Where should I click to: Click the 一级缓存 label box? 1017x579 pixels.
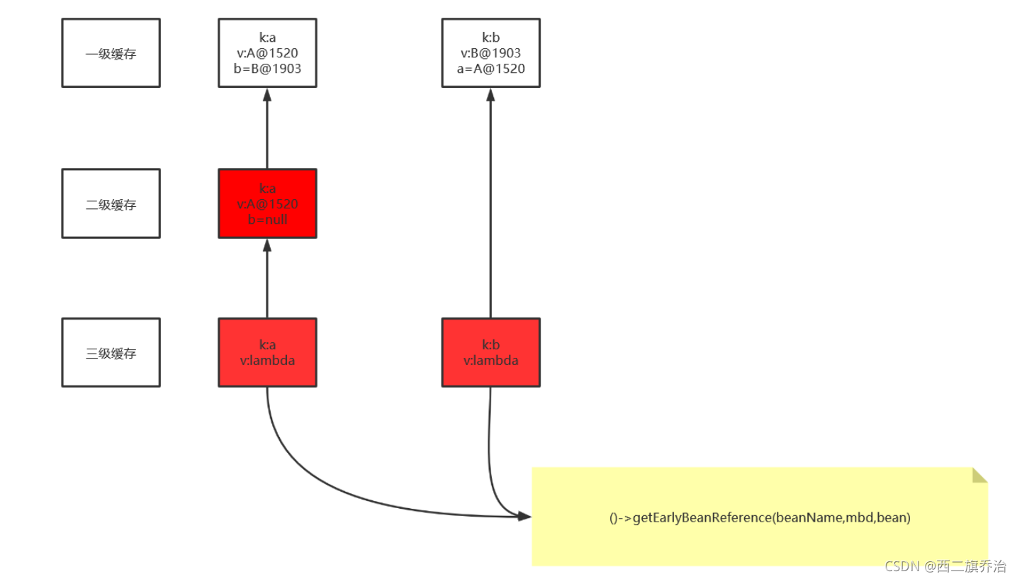pos(111,53)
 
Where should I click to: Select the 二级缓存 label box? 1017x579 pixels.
pos(111,204)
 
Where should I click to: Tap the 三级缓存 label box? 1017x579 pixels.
pos(111,353)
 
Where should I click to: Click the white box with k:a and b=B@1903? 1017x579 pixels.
pos(267,53)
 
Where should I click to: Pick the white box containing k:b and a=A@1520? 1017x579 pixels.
pos(490,53)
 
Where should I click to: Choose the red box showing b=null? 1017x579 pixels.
pos(267,203)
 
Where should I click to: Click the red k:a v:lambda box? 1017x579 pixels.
pos(267,352)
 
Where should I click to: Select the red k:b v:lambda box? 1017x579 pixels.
pos(490,352)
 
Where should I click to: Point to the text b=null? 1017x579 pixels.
pos(267,219)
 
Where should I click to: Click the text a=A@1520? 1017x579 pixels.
pos(490,69)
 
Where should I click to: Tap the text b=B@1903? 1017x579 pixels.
pos(267,69)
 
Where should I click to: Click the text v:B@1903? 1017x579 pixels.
pos(490,53)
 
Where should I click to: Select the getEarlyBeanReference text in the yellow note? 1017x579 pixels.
pos(759,518)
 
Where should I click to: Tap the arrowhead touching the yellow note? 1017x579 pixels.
pos(524,516)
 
